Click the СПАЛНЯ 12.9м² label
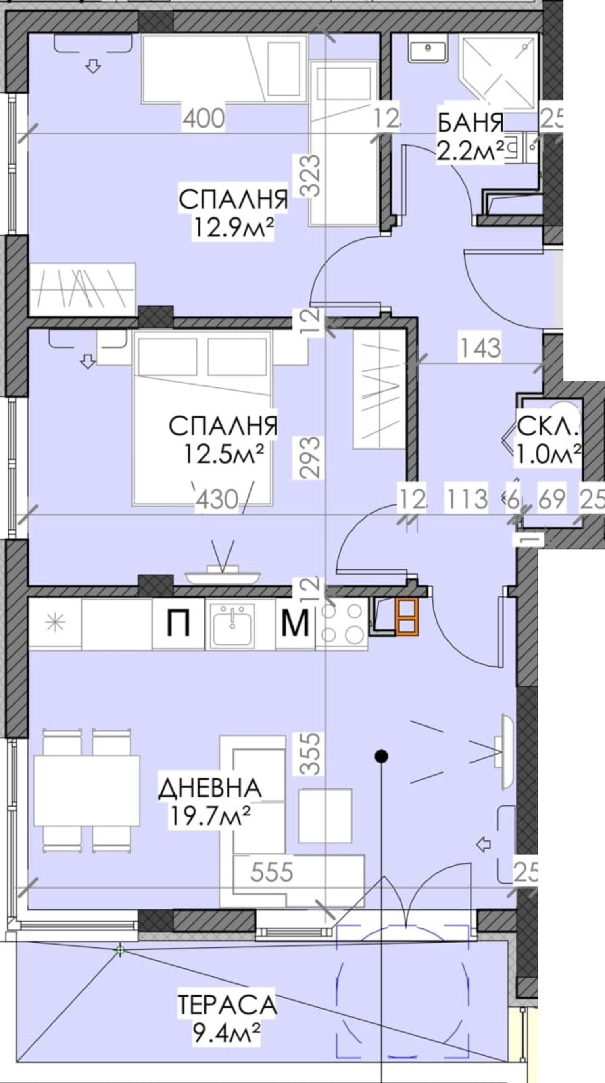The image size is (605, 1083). tap(234, 214)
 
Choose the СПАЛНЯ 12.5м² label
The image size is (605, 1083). tap(223, 441)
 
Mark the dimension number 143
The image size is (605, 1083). tap(481, 348)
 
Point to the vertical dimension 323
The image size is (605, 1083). tap(312, 176)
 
